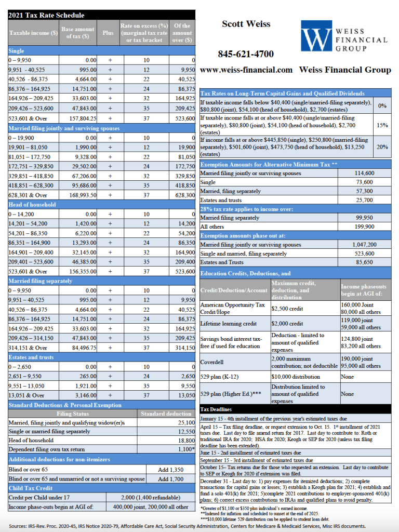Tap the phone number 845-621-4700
245,54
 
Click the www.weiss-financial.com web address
246,70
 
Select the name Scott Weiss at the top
246,24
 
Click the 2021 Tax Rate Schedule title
46,15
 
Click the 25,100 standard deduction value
184,423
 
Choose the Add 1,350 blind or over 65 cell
169,470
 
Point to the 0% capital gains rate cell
382,105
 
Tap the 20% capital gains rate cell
382,147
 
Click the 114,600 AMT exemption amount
364,173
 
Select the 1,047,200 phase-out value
364,245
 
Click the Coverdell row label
212,362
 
